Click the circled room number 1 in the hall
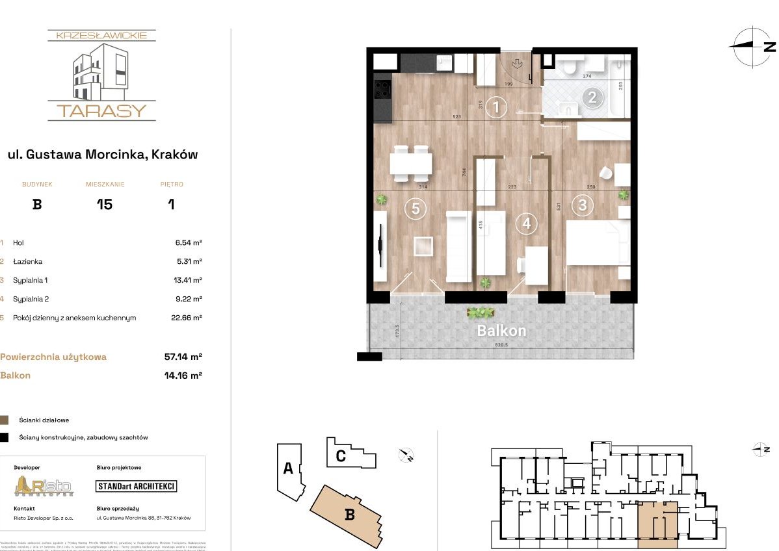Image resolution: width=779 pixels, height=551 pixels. [496, 107]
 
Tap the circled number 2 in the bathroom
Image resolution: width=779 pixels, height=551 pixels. [592, 98]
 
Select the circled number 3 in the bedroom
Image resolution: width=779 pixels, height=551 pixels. [582, 206]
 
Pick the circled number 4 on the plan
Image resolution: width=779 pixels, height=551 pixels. [526, 224]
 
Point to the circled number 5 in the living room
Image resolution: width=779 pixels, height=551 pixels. [415, 209]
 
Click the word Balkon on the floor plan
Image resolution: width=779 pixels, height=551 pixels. [501, 331]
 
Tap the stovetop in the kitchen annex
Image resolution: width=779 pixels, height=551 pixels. [381, 89]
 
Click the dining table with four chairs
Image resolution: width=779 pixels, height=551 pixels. [411, 163]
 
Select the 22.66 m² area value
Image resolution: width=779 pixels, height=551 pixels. [183, 318]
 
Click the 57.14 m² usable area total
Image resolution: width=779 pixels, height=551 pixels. [183, 357]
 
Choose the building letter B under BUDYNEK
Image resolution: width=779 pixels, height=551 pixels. [37, 205]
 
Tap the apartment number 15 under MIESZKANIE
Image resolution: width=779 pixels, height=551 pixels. [104, 205]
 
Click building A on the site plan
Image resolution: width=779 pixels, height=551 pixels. [288, 469]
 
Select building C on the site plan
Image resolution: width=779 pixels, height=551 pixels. [341, 455]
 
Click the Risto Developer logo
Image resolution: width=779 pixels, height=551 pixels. [44, 486]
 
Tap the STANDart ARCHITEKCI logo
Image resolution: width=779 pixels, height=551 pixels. [136, 486]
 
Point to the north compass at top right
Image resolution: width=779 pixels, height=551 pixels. [752, 46]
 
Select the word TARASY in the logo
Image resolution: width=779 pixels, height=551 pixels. [101, 110]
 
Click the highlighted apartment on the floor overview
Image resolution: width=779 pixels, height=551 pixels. [658, 520]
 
